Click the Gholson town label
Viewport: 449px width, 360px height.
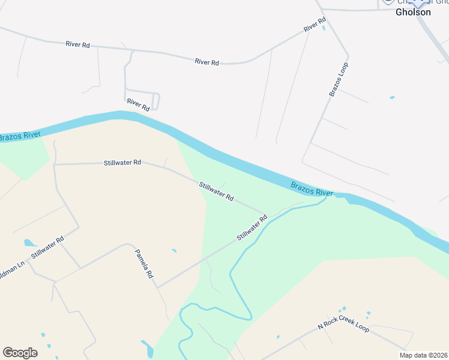(413, 12)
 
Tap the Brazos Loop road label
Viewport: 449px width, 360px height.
(339, 79)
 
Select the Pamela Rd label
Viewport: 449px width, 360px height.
(144, 264)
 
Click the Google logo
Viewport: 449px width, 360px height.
(20, 353)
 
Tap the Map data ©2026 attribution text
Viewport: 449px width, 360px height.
(423, 355)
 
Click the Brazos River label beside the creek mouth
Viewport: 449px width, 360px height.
(312, 189)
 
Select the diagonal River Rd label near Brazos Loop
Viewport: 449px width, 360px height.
(314, 25)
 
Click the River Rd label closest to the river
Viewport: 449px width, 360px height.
(138, 104)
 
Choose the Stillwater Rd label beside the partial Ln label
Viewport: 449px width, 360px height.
(47, 247)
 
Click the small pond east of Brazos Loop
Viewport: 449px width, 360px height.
(392, 97)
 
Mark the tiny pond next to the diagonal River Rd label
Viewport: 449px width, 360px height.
(324, 27)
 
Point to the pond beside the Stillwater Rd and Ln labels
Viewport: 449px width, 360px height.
(29, 243)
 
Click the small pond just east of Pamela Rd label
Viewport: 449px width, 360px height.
(174, 250)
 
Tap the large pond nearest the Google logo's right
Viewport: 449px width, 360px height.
(146, 347)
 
